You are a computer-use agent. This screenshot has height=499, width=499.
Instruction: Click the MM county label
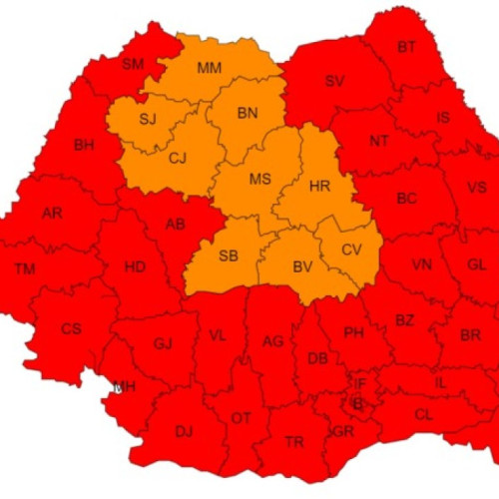pos(210,68)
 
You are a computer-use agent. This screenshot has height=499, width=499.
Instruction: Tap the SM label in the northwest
pos(133,64)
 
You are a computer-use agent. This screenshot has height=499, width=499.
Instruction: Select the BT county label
pos(406,47)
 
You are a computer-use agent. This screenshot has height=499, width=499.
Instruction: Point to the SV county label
pos(334,81)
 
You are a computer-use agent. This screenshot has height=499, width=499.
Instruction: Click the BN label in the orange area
pos(248,114)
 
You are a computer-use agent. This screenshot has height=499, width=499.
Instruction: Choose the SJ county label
pos(148,120)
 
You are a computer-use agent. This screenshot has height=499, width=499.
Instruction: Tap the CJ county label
pos(178,158)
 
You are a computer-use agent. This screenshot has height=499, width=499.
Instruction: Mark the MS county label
pos(260,180)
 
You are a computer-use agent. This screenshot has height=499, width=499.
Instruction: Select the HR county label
pos(320,187)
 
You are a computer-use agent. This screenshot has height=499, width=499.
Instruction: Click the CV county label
pos(351,249)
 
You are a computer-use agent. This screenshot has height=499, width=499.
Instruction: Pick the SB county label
pos(228,255)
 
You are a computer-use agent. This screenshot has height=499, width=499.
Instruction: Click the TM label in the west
pos(25,268)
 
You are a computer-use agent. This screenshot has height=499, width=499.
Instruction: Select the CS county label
pos(71,328)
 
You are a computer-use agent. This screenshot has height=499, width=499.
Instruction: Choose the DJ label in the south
pos(183,431)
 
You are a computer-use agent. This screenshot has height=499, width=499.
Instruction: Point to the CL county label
pos(424,413)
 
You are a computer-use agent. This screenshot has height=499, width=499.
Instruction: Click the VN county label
pos(422,264)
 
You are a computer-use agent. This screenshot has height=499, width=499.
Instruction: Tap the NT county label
pos(379,141)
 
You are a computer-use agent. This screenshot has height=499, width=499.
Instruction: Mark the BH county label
pos(84,146)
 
